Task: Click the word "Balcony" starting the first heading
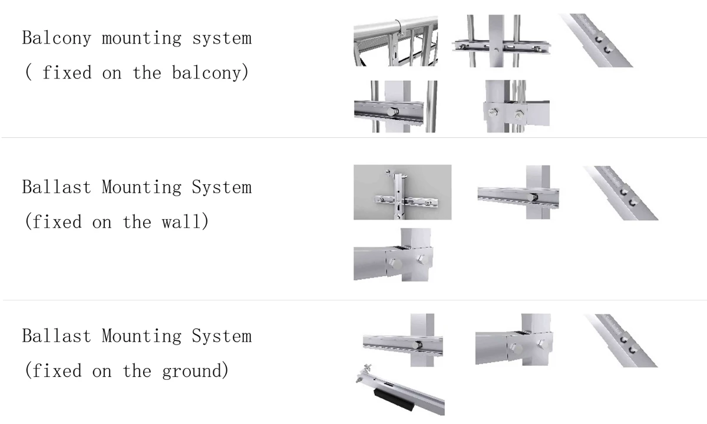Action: (x=57, y=38)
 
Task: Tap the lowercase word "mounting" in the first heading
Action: (x=142, y=39)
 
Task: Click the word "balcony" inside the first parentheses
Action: (x=207, y=73)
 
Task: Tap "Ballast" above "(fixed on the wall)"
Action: (x=57, y=187)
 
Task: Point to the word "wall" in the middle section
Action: (x=181, y=221)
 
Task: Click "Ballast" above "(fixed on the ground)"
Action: (x=57, y=336)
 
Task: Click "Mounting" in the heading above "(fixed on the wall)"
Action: (x=142, y=187)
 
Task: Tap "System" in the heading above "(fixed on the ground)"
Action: (x=222, y=336)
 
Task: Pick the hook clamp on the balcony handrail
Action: (x=400, y=28)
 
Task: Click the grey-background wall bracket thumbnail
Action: (x=402, y=192)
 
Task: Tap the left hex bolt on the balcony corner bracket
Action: (x=493, y=112)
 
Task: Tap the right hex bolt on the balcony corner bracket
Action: (x=519, y=114)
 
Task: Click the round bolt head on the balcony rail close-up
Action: (x=392, y=111)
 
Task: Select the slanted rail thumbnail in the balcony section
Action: (x=596, y=41)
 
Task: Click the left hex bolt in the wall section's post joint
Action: (x=395, y=263)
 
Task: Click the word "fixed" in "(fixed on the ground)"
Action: (x=57, y=370)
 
